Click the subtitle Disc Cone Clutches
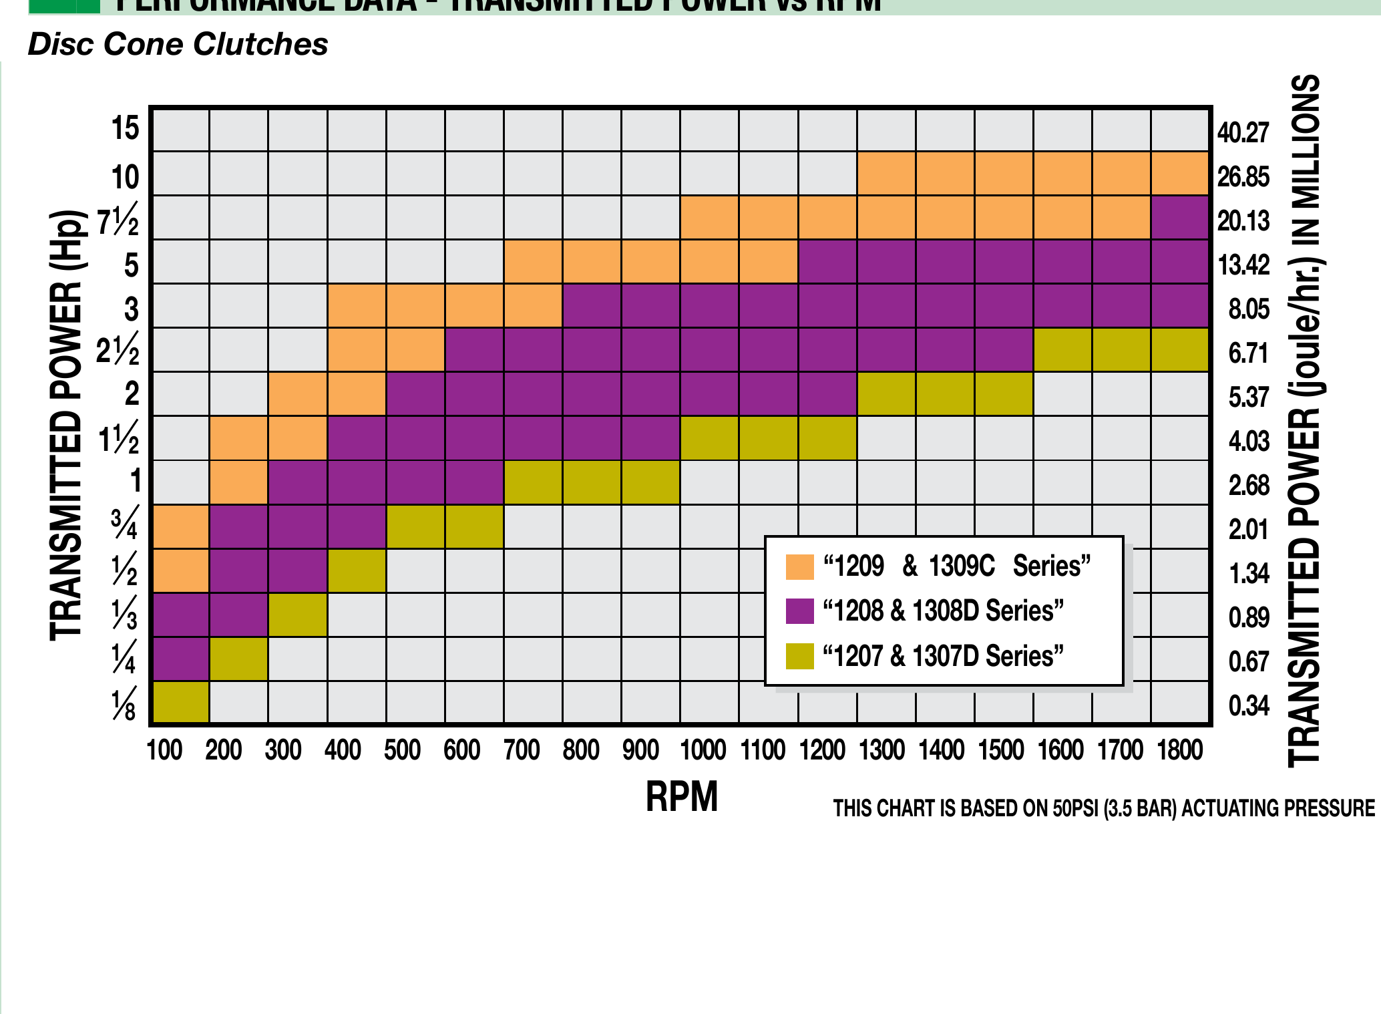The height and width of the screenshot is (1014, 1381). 178,45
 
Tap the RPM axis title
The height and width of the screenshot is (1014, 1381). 681,796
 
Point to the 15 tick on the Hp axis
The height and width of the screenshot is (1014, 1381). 126,128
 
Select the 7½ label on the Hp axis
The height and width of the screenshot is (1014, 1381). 118,221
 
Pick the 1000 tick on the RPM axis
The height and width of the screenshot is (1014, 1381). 703,750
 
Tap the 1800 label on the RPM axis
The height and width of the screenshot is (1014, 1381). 1179,750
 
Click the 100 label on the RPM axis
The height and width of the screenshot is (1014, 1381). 164,750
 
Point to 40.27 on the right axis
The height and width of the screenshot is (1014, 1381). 1242,133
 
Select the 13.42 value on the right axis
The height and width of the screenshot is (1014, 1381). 1243,265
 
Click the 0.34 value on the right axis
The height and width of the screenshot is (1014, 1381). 1248,706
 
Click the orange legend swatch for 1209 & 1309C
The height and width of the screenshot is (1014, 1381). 799,566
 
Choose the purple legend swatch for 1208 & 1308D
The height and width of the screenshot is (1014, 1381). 799,611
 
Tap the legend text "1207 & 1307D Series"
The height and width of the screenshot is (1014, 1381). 943,656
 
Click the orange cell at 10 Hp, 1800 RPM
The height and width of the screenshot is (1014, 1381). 1180,173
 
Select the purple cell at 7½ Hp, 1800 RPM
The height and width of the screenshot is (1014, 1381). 1180,217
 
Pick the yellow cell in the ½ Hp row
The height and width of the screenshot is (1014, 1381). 357,570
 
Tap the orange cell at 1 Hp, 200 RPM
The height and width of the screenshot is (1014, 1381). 239,482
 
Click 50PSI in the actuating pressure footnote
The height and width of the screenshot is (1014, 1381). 1076,808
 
